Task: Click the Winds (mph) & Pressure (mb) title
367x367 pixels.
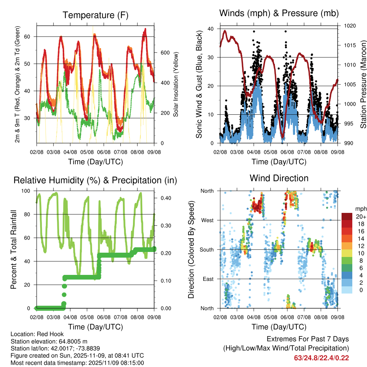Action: tap(279, 14)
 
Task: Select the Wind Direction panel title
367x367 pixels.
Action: tap(279, 178)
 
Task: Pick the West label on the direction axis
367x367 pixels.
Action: tap(207, 220)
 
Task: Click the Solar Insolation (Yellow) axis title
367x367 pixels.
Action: tap(176, 85)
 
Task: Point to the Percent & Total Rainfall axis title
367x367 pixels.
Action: tap(13, 250)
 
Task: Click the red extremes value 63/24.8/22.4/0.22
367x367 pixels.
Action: tap(321, 358)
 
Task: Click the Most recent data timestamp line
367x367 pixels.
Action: tap(77, 363)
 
